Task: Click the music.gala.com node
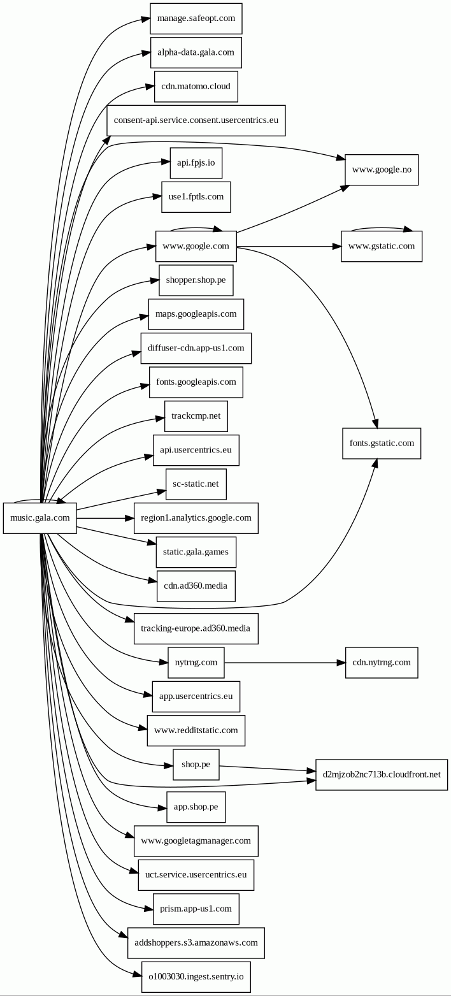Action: pos(39,518)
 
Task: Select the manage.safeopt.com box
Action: pos(196,18)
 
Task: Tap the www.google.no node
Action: pos(382,170)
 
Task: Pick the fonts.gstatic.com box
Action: pos(382,444)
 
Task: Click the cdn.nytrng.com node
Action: pos(382,663)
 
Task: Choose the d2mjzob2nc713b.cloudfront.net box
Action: pos(382,775)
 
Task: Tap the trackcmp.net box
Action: pos(196,416)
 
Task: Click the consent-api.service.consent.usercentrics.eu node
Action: pos(196,120)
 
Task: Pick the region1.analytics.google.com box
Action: pos(196,518)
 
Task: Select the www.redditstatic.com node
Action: pos(196,730)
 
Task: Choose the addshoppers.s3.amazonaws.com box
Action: pos(196,943)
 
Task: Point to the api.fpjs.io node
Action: pos(196,163)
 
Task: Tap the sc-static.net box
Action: pos(196,484)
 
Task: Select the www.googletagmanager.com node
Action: pos(196,841)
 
